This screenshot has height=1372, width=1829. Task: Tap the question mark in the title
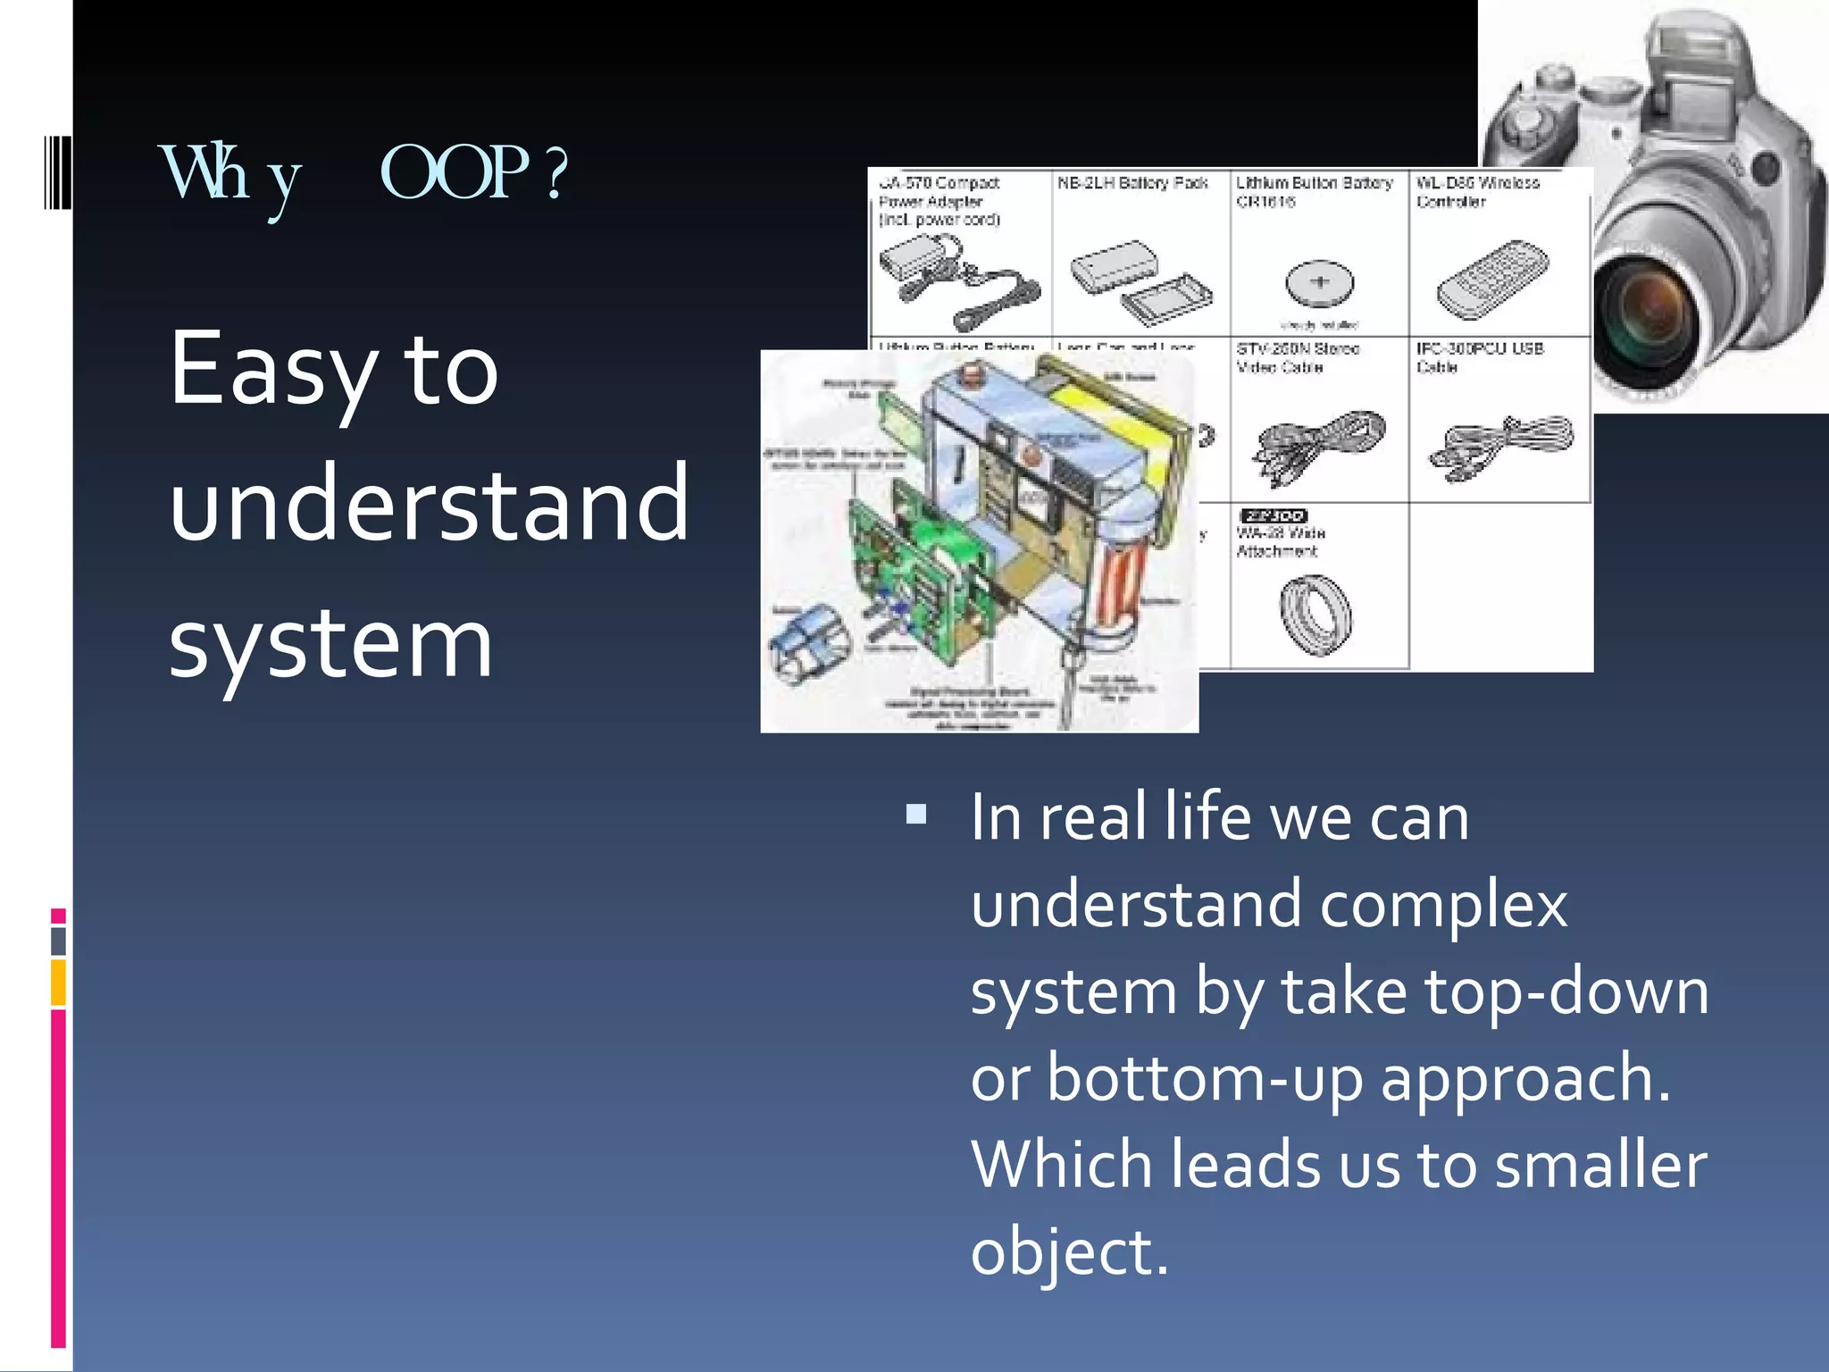pyautogui.click(x=556, y=174)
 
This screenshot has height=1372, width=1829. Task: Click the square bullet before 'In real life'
pyautogui.click(x=915, y=814)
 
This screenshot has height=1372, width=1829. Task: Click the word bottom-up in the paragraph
pyautogui.click(x=1206, y=1078)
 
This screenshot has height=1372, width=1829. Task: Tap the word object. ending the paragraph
pyautogui.click(x=1068, y=1252)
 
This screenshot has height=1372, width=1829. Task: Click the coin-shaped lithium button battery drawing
pyautogui.click(x=1319, y=283)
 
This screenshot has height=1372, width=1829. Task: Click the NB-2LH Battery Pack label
pyautogui.click(x=1132, y=183)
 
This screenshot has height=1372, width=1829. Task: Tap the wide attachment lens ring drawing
pyautogui.click(x=1315, y=614)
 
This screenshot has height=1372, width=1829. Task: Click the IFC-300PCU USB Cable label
pyautogui.click(x=1479, y=357)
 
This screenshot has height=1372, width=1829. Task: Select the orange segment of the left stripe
pyautogui.click(x=58, y=983)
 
